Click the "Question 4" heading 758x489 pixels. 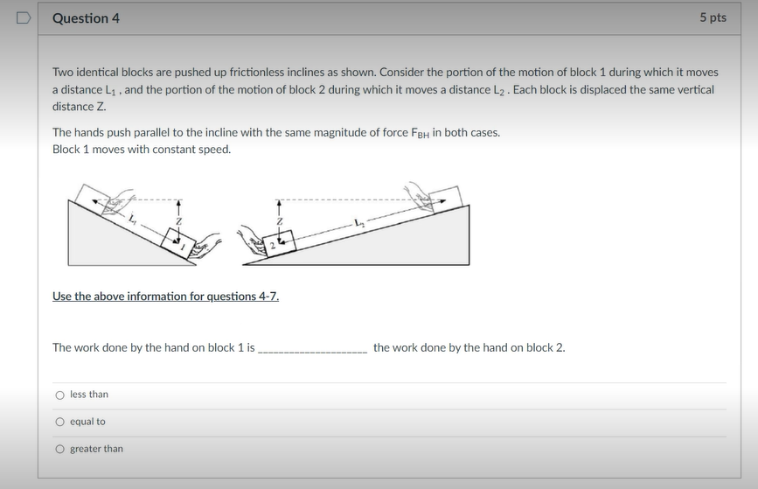[86, 18]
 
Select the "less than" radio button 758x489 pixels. [59, 395]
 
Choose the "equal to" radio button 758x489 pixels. [59, 423]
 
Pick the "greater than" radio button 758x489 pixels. [59, 450]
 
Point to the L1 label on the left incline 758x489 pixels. [133, 219]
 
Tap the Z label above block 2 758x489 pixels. [279, 221]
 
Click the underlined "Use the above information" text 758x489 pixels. [165, 297]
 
